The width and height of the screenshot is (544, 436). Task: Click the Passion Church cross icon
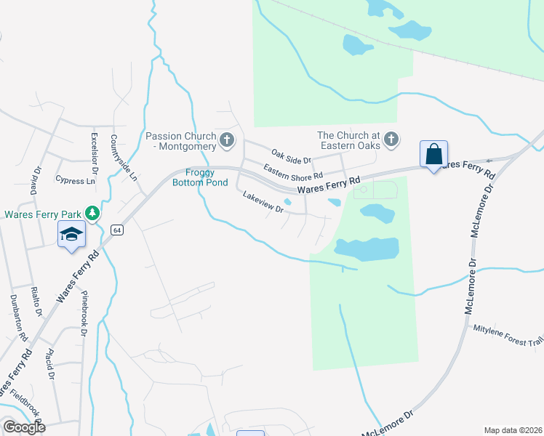227,140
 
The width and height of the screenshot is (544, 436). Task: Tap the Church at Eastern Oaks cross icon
391,138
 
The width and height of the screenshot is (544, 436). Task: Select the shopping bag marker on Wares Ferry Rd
433,155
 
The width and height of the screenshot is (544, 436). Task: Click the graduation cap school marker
71,235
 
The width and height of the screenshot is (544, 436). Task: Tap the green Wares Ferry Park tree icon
92,213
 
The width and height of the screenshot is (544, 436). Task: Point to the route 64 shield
116,230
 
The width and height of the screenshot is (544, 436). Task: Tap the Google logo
24,427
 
